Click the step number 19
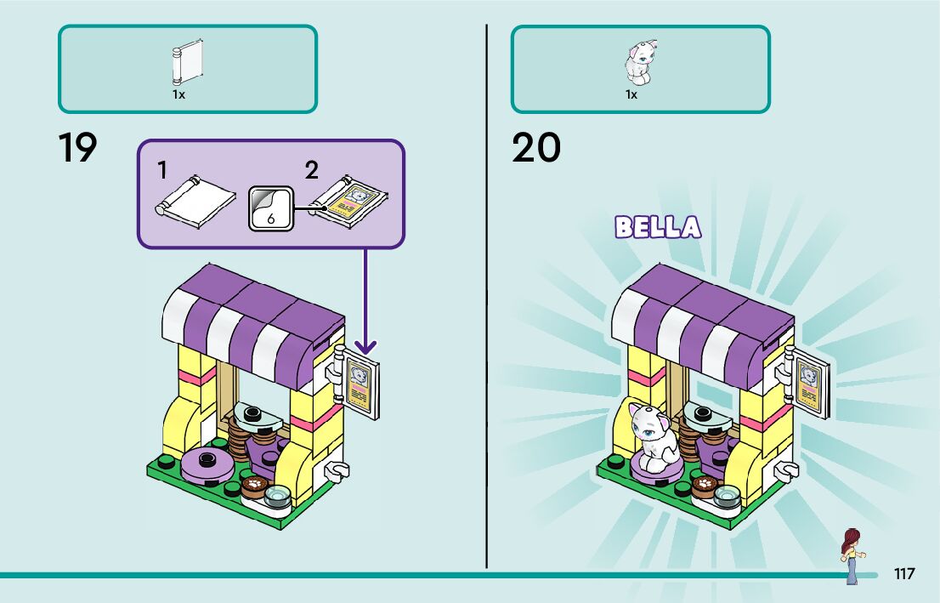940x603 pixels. pos(78,148)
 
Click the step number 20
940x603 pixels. pos(536,148)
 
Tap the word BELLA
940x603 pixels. pos(658,227)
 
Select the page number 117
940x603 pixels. pos(904,573)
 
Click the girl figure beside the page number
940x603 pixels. pos(851,555)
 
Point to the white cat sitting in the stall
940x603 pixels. pos(650,436)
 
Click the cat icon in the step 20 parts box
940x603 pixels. pos(639,63)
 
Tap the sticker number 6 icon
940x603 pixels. pos(269,207)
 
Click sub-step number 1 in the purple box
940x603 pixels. pos(161,170)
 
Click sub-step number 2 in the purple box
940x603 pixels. pos(312,170)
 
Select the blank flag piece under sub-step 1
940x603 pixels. pos(195,200)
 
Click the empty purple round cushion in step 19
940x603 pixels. pos(207,464)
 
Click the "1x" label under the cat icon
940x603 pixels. pos(631,94)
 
